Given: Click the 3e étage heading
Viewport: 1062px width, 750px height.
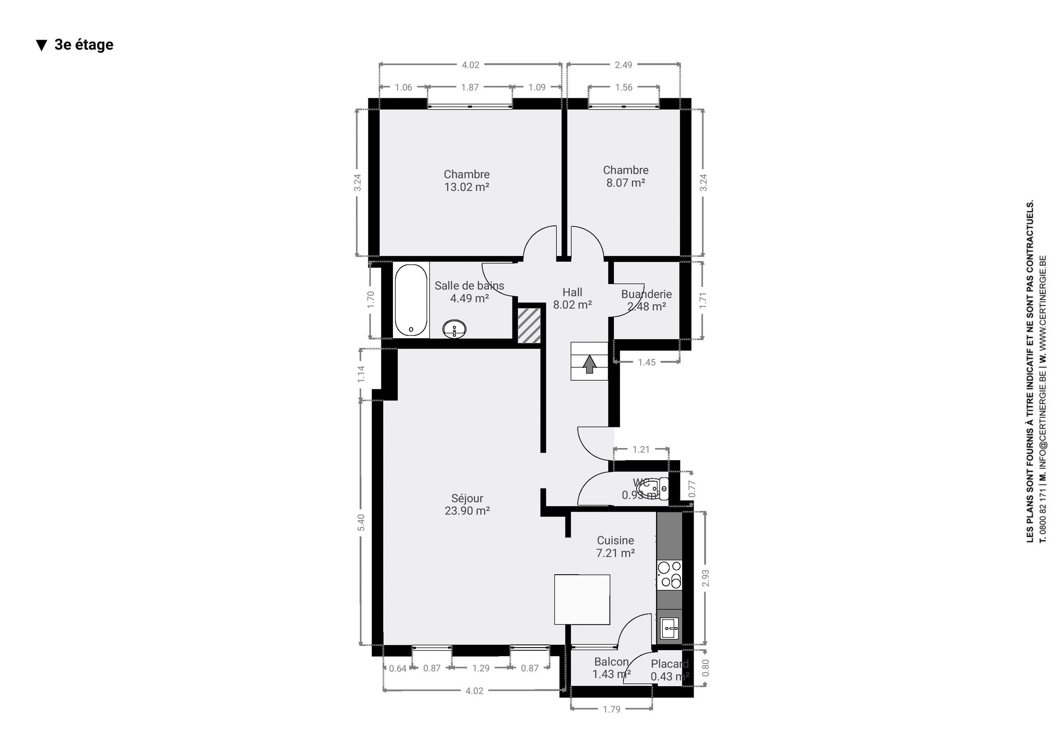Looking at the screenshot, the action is pos(84,45).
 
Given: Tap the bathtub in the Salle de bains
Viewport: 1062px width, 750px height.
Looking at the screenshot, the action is pos(411,300).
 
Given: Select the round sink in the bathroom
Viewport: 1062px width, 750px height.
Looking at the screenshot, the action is pos(454,329).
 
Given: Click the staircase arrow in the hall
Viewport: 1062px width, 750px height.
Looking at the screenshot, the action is pos(589,364).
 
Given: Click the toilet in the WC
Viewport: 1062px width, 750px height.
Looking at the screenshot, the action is pos(652,488).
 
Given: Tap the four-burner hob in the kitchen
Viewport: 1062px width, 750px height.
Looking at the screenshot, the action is pos(669,574).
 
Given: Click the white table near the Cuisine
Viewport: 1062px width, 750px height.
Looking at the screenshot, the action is pos(582,599).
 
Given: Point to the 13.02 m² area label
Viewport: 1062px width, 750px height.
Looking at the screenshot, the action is pos(467,187).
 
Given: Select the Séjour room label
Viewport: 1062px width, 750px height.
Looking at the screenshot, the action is pos(467,498).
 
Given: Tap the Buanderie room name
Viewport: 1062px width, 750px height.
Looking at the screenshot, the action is pos(646,294).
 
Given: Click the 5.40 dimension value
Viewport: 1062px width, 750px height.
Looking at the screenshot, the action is pos(361,522).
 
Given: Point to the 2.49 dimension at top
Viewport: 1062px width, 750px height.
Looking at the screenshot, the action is pos(623,65).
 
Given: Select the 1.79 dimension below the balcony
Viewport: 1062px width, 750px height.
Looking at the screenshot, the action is pos(611,709).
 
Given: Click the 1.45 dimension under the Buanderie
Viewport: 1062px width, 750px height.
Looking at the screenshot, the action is pos(647,362).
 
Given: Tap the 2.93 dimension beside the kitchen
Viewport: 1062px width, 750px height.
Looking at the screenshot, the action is pos(705,578).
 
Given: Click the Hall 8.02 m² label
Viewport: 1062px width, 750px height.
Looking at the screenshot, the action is pos(572,299).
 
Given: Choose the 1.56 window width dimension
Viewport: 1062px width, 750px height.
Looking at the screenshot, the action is pos(624,87).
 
